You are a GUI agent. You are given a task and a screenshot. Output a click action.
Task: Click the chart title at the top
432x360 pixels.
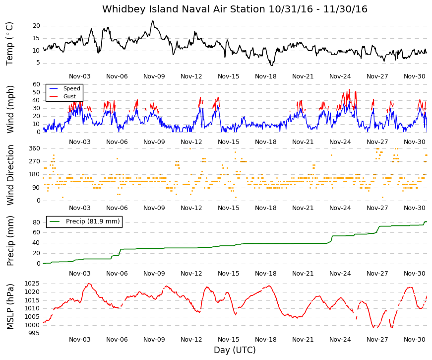coord(235,9)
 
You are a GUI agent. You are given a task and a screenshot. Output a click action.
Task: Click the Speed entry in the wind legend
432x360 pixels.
coord(71,88)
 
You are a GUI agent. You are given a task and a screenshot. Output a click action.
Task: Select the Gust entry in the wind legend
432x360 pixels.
coord(69,96)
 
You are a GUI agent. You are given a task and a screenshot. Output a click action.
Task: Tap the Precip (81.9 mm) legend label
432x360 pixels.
coord(93,221)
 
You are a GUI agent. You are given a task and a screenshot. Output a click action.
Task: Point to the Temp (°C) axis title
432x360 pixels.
coord(9,44)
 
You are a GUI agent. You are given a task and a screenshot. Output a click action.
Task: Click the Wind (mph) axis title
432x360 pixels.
coord(10,109)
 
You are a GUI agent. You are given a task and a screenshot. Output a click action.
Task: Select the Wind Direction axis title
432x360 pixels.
coord(10,175)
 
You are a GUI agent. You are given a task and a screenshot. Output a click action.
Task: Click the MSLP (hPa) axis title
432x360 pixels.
coord(10,306)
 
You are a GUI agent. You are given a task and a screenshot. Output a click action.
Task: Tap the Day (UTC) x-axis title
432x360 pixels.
coord(235,350)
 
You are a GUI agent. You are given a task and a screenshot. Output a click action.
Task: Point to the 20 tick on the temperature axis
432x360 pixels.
coord(36,26)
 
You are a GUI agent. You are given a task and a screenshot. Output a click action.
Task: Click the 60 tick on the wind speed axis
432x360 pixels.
coord(36,84)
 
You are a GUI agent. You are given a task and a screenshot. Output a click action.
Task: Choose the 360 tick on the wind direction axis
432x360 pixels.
coord(34,148)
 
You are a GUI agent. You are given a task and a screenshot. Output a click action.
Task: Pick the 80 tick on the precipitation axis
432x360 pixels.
coord(36,222)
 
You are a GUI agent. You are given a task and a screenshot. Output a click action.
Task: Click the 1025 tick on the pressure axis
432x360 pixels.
coord(32,284)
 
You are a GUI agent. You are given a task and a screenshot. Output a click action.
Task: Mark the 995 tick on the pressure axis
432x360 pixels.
coord(34,333)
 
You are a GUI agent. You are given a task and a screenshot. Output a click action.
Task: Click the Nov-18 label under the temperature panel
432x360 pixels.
coord(265,76)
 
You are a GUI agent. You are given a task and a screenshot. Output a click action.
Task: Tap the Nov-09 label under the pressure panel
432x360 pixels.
coord(154,340)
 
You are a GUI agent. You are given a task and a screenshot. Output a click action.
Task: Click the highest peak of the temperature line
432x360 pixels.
coord(153,21)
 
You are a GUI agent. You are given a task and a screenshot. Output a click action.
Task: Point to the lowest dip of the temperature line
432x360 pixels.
coord(272,65)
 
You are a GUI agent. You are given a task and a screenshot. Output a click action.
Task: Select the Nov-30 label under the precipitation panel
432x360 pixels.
coord(414,274)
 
